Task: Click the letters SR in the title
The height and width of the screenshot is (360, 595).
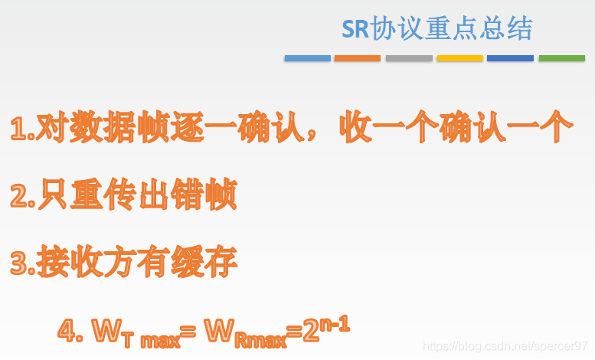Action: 355,28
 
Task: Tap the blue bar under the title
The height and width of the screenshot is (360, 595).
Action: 308,58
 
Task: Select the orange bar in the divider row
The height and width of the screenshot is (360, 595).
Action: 358,58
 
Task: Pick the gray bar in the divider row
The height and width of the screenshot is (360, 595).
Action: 409,58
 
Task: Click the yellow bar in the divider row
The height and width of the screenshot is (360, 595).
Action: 460,58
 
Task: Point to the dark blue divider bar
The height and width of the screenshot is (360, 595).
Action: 510,58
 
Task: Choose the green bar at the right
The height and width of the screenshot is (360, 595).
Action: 562,58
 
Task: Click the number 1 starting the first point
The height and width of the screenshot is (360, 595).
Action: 18,129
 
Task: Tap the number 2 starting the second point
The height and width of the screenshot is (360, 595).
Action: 18,195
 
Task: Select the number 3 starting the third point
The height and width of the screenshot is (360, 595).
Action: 18,263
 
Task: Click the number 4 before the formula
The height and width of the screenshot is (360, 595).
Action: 67,330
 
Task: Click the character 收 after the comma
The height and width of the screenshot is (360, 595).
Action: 355,127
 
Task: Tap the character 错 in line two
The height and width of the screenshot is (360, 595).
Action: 188,194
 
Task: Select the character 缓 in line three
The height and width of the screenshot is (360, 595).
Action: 188,261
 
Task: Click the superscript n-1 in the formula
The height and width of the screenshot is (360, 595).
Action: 335,325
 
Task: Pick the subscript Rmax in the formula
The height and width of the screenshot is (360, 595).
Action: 260,340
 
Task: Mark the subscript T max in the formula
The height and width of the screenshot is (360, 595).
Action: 151,339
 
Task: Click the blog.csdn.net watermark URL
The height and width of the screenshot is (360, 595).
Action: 505,346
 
